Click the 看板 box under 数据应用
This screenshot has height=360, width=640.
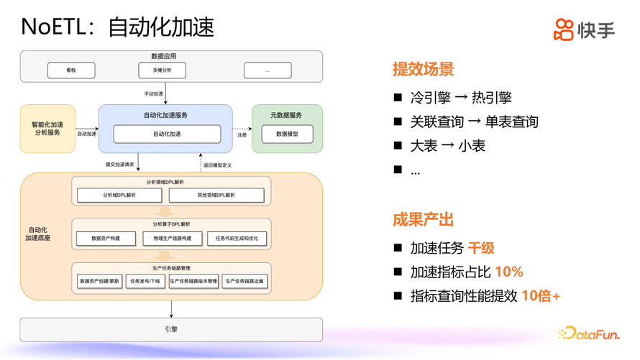(x=71, y=70)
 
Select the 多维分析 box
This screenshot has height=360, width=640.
(x=162, y=70)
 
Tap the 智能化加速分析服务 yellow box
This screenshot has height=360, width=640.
(x=47, y=129)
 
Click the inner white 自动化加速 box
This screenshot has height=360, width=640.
(x=167, y=134)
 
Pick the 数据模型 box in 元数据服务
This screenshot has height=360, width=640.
(x=286, y=134)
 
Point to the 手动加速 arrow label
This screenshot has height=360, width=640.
(x=154, y=93)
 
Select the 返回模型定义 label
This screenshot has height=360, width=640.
(x=217, y=165)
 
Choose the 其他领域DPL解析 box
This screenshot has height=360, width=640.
(x=216, y=195)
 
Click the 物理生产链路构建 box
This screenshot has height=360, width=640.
(x=168, y=238)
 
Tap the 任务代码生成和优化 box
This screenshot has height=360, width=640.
(x=237, y=238)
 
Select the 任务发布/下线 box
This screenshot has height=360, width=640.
(x=145, y=282)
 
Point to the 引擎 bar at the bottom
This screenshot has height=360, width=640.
(x=171, y=330)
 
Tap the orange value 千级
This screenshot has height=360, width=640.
(x=481, y=249)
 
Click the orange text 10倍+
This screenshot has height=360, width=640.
(x=541, y=296)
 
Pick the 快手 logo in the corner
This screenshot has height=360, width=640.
(x=584, y=29)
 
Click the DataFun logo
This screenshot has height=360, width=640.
(x=589, y=333)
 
